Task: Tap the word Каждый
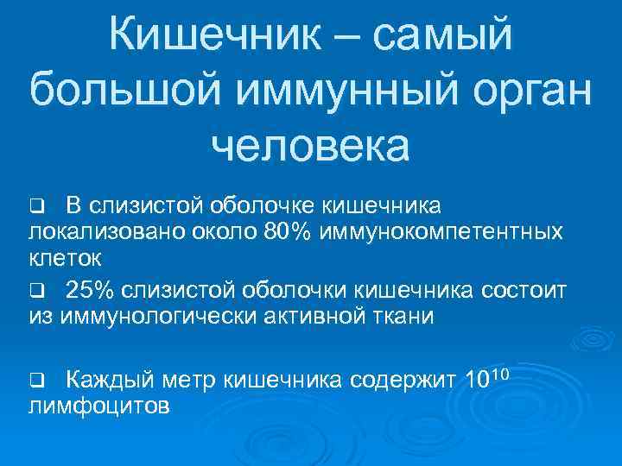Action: point(108,378)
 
